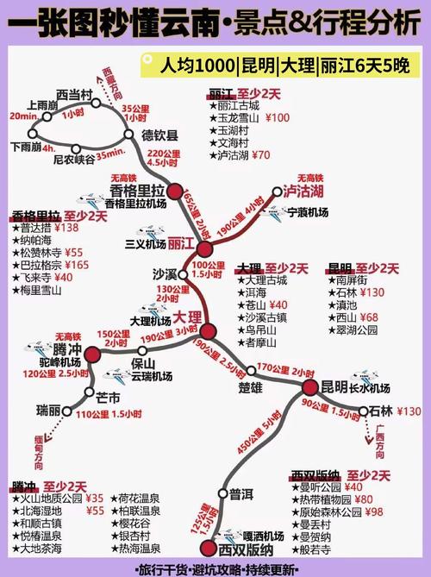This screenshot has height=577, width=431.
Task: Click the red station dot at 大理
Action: pyautogui.click(x=208, y=332)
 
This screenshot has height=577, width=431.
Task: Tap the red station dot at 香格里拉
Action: pyautogui.click(x=176, y=191)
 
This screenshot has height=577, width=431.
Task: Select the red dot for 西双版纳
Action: pyautogui.click(x=207, y=548)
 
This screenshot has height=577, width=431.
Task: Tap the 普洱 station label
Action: pyautogui.click(x=242, y=494)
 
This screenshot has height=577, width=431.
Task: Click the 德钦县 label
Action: pyautogui.click(x=159, y=135)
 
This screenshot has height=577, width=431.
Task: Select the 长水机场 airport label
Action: pyautogui.click(x=370, y=387)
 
